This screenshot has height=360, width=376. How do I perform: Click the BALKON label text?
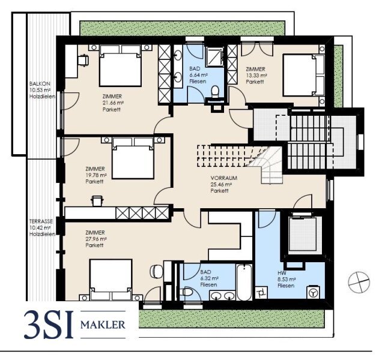pos(40,84)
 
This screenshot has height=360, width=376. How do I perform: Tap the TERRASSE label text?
pos(41,221)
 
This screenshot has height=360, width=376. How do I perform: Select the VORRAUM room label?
pos(224,178)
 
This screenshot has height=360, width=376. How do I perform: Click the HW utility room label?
pos(282,273)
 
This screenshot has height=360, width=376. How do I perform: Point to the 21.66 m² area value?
pos(113,103)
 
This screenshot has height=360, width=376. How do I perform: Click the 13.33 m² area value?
pos(256,76)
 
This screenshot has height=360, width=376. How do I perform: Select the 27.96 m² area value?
pos(96,239)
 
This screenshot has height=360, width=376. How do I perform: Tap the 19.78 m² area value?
pos(96,175)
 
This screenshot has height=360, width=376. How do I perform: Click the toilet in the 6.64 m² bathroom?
pos(215,92)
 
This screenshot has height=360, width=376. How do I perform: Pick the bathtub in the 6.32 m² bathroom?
pos(244,282)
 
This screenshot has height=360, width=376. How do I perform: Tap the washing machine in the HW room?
pos(313,292)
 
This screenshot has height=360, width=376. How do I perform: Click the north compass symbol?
pos(359,282)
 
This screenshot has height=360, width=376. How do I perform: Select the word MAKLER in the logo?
pos(103,325)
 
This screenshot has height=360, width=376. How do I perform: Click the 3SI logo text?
pos(49,324)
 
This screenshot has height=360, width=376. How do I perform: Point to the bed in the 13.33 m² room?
pos(303,76)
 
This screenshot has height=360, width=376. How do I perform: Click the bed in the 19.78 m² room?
pos(133,158)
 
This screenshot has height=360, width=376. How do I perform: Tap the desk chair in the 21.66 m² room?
pos(83,60)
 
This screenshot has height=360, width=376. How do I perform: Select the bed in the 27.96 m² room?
pos(111,280)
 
